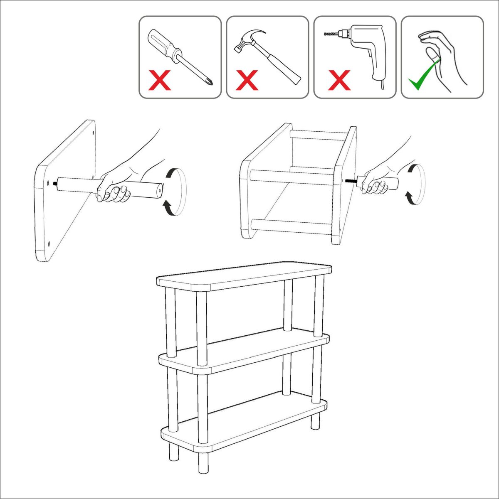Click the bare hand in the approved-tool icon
(443, 58)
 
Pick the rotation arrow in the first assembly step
(175, 191)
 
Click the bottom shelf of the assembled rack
(245, 424)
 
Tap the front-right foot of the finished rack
(203, 463)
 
